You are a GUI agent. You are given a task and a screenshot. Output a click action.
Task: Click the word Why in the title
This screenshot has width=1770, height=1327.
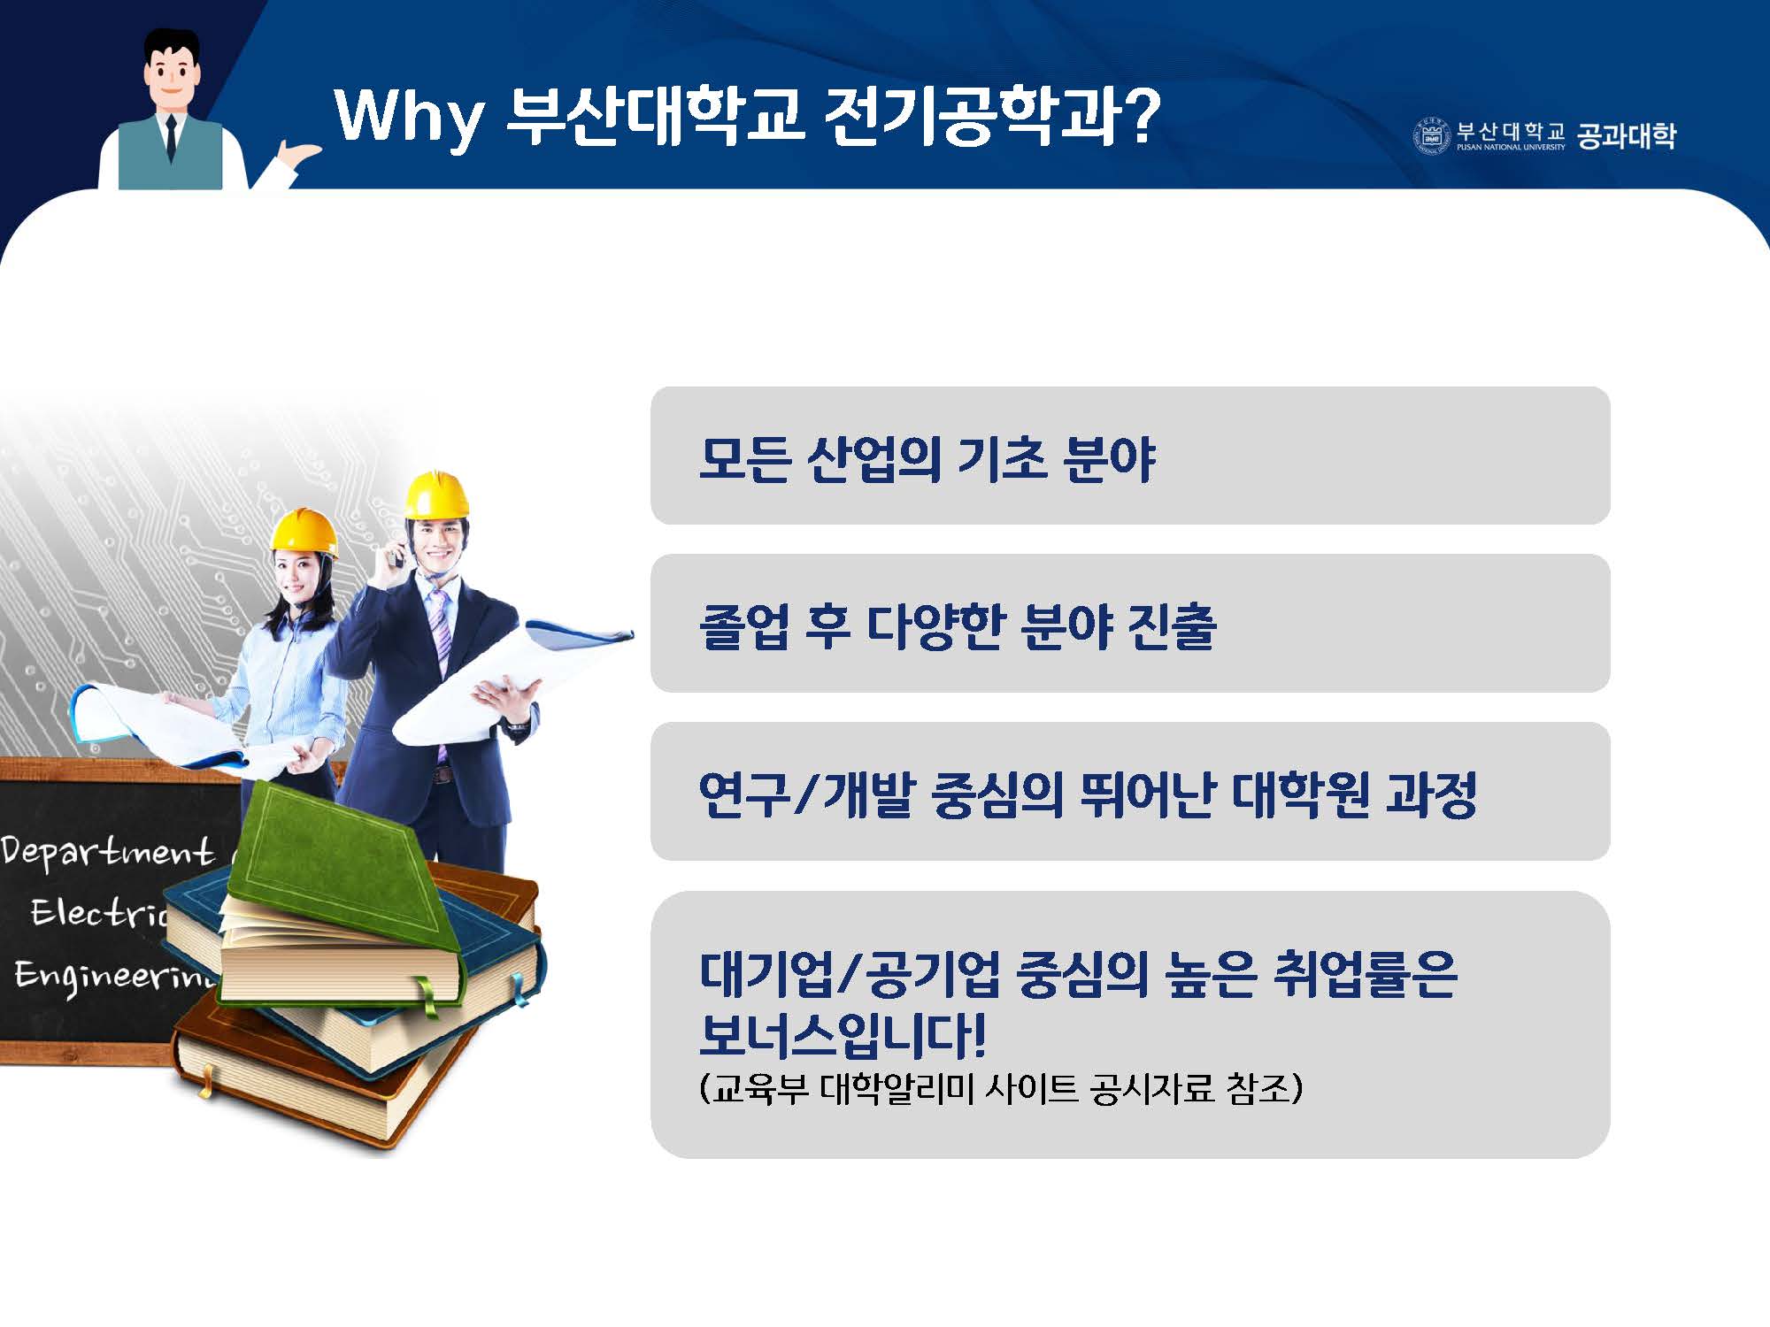click(x=409, y=116)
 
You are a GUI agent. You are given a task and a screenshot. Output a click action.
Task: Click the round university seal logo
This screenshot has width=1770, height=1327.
click(x=1430, y=135)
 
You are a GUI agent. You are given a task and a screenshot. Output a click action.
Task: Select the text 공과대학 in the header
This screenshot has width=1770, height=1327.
click(x=1627, y=135)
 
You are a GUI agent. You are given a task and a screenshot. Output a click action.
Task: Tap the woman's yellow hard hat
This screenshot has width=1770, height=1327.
click(x=304, y=532)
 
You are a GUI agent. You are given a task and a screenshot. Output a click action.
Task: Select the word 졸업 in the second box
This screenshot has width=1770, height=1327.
click(x=743, y=626)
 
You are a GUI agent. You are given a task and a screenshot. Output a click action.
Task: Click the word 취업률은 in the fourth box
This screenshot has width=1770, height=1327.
click(x=1364, y=974)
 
